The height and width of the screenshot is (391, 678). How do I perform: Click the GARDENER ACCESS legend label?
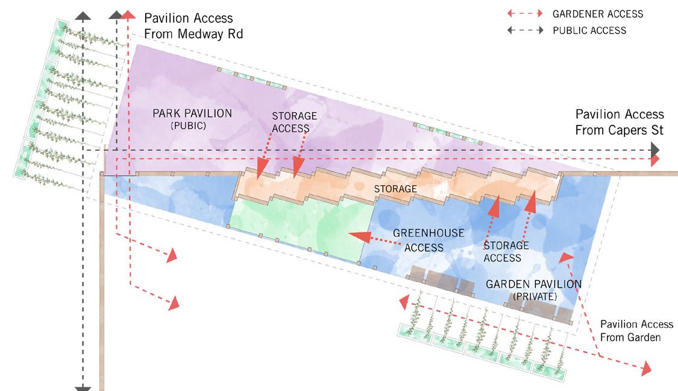[598, 14]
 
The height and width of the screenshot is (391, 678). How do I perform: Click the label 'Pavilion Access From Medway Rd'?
[193, 27]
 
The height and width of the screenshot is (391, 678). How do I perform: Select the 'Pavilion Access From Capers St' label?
[619, 122]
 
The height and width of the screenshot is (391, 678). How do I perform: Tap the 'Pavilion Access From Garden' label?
[630, 331]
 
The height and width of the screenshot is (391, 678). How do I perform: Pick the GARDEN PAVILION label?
[533, 284]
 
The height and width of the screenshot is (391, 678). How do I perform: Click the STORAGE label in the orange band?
[395, 189]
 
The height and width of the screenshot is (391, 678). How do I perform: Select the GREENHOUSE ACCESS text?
[428, 240]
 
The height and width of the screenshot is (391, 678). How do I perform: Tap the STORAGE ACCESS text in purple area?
[294, 122]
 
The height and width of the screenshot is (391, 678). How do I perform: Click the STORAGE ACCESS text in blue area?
[506, 252]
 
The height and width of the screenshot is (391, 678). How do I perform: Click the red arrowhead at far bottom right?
[647, 367]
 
